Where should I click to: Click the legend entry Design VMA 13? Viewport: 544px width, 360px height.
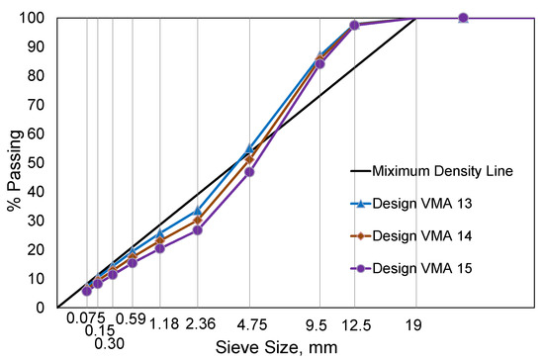point(441,204)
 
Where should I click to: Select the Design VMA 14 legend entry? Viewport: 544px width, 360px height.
point(441,236)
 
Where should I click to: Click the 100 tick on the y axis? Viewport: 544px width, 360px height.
point(35,19)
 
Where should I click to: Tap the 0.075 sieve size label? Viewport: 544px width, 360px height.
point(86,319)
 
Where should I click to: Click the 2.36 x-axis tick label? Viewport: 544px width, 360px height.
point(198,321)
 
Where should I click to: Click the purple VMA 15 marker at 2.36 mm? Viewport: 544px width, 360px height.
point(198,229)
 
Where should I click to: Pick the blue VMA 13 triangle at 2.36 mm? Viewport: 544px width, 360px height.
point(198,211)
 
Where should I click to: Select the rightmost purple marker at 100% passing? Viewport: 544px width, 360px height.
point(463,18)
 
